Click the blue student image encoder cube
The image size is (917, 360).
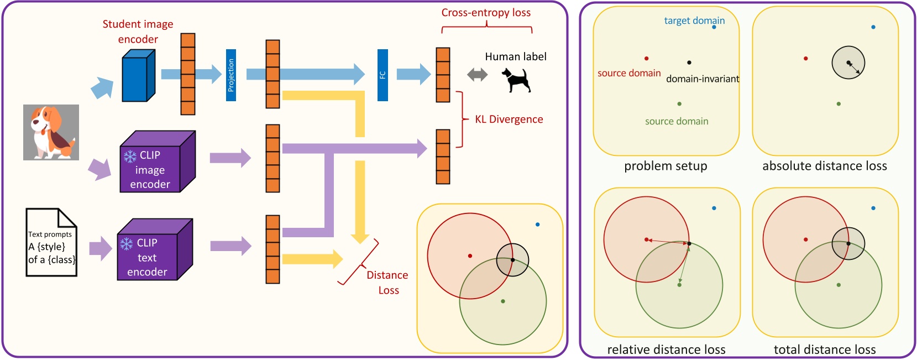click(137, 77)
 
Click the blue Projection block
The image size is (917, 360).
click(231, 75)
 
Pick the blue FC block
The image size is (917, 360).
click(382, 75)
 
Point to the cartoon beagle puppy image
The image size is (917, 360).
click(51, 132)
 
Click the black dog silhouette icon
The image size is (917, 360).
click(516, 80)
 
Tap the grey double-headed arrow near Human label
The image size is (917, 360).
click(477, 75)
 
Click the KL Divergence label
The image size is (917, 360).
click(509, 119)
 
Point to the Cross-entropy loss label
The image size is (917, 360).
click(486, 13)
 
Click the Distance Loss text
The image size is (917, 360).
click(387, 283)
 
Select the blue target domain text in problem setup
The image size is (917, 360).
click(694, 20)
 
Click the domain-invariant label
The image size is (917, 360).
click(702, 79)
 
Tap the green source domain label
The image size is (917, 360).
click(677, 121)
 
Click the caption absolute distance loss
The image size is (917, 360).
click(824, 166)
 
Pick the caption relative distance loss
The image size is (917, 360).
click(666, 349)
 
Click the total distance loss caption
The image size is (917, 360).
click(824, 349)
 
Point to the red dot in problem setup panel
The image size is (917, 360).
click(646, 58)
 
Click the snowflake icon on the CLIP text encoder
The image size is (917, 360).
click(127, 244)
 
